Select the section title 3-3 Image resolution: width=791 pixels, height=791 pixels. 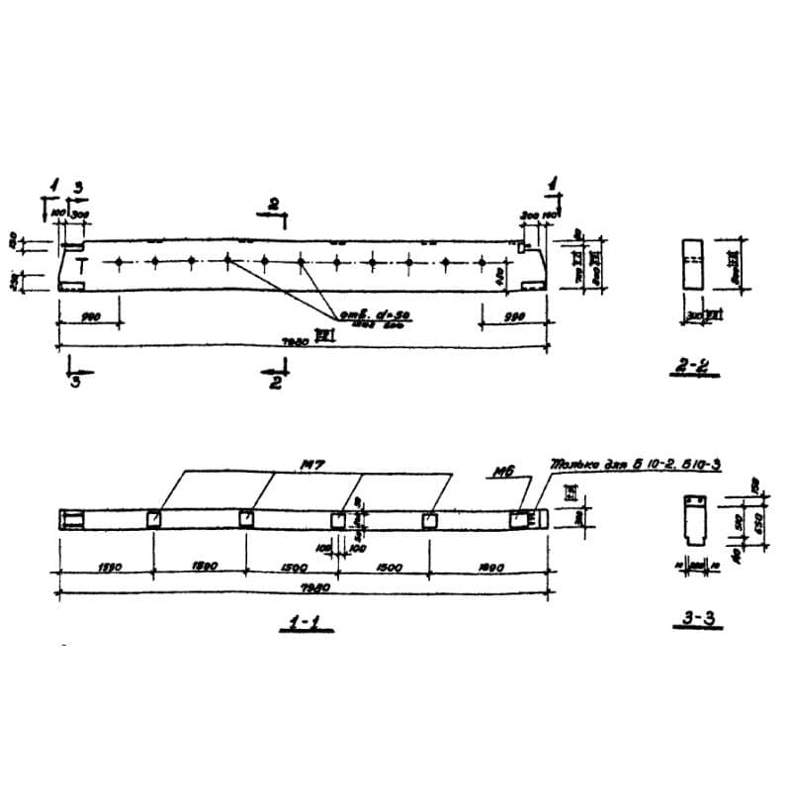699,619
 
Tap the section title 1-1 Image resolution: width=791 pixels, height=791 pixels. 294,624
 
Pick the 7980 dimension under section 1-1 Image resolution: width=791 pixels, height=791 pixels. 294,586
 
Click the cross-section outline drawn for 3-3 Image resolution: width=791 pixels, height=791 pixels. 693,520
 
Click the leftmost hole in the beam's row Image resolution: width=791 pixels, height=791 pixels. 118,261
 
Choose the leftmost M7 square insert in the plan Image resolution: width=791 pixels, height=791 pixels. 153,520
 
